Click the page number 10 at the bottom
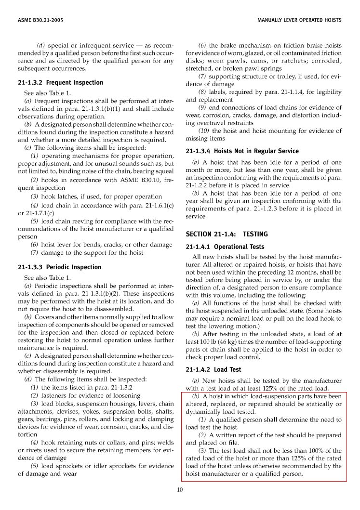[x=180, y=490]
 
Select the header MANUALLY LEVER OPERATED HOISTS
[x=299, y=20]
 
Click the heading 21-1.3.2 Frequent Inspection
[x=60, y=82]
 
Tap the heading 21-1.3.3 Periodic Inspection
[x=59, y=267]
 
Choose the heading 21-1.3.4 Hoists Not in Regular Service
[x=242, y=151]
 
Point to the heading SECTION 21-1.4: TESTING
[x=227, y=234]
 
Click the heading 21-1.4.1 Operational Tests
[x=225, y=247]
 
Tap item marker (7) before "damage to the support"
[x=35, y=253]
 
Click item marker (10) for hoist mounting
[x=204, y=131]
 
